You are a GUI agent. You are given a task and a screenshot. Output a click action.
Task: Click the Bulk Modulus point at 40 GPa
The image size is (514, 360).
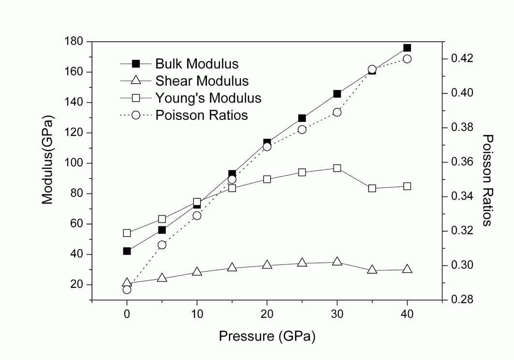[407, 48]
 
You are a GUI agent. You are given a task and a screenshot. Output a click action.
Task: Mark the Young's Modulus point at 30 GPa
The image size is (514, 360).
[337, 168]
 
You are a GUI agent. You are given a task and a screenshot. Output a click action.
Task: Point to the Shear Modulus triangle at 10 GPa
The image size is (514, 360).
[197, 271]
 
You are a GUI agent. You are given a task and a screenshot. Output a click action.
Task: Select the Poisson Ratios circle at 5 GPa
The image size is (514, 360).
[162, 245]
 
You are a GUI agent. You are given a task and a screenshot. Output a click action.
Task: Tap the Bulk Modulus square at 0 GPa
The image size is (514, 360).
[127, 251]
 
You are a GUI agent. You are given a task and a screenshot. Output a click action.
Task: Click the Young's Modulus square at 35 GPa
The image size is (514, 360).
[372, 188]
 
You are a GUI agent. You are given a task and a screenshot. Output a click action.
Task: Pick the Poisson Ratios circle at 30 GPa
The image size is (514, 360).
[337, 112]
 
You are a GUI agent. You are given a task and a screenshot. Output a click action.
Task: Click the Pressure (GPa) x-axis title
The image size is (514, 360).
[267, 336]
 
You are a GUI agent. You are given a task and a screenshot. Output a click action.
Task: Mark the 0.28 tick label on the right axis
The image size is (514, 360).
[458, 300]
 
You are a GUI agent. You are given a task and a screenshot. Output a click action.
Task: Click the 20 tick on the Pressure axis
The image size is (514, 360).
[267, 314]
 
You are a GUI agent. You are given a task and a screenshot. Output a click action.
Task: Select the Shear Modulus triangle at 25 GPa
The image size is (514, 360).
[302, 263]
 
